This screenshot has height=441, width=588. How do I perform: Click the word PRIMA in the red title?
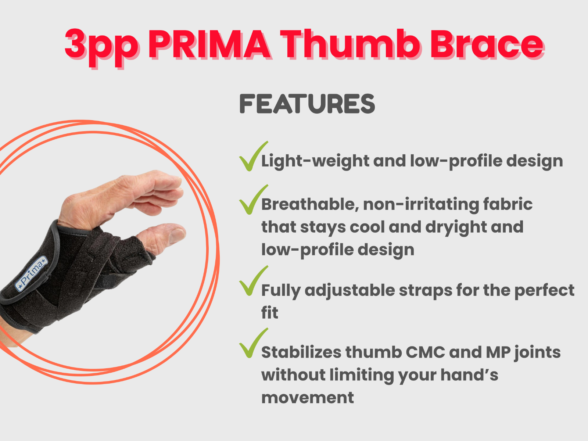point(209,44)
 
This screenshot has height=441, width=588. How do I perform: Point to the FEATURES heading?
point(307,104)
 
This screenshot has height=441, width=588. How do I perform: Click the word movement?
point(308,398)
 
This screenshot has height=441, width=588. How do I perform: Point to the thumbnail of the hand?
point(178,232)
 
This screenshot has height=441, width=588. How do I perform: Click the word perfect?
point(544,291)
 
